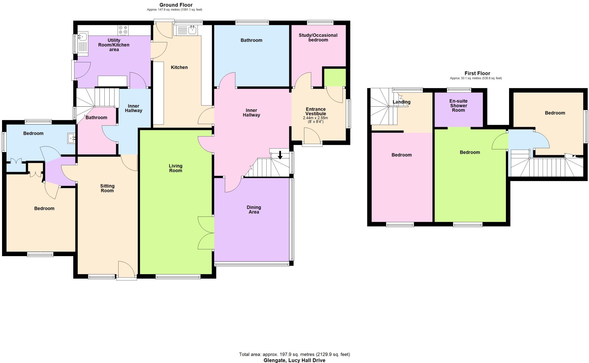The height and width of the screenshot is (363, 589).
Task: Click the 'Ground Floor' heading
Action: [176, 5]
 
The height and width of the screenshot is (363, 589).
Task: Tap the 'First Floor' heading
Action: [477, 73]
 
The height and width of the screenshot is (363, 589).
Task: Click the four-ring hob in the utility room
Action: [123, 30]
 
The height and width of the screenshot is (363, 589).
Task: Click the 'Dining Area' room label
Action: [254, 210]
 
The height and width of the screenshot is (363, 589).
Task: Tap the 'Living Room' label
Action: [175, 168]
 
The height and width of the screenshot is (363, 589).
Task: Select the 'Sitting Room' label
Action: [107, 188]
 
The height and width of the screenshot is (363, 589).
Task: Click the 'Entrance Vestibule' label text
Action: [315, 111]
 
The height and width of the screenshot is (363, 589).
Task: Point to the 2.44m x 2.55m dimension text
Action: [315, 118]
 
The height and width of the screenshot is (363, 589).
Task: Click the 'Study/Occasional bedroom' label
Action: [318, 37]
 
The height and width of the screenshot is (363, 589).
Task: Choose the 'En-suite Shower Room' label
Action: [458, 105]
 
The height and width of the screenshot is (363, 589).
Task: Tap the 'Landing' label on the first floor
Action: [402, 102]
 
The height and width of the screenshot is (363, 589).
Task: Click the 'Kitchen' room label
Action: [179, 67]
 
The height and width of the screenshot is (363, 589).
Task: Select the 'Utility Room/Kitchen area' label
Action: [114, 45]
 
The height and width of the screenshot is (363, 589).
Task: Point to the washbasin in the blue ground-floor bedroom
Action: [71, 138]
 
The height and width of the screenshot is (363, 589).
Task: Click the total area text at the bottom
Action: [294, 354]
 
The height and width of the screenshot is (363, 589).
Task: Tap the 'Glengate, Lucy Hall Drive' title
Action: [294, 360]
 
